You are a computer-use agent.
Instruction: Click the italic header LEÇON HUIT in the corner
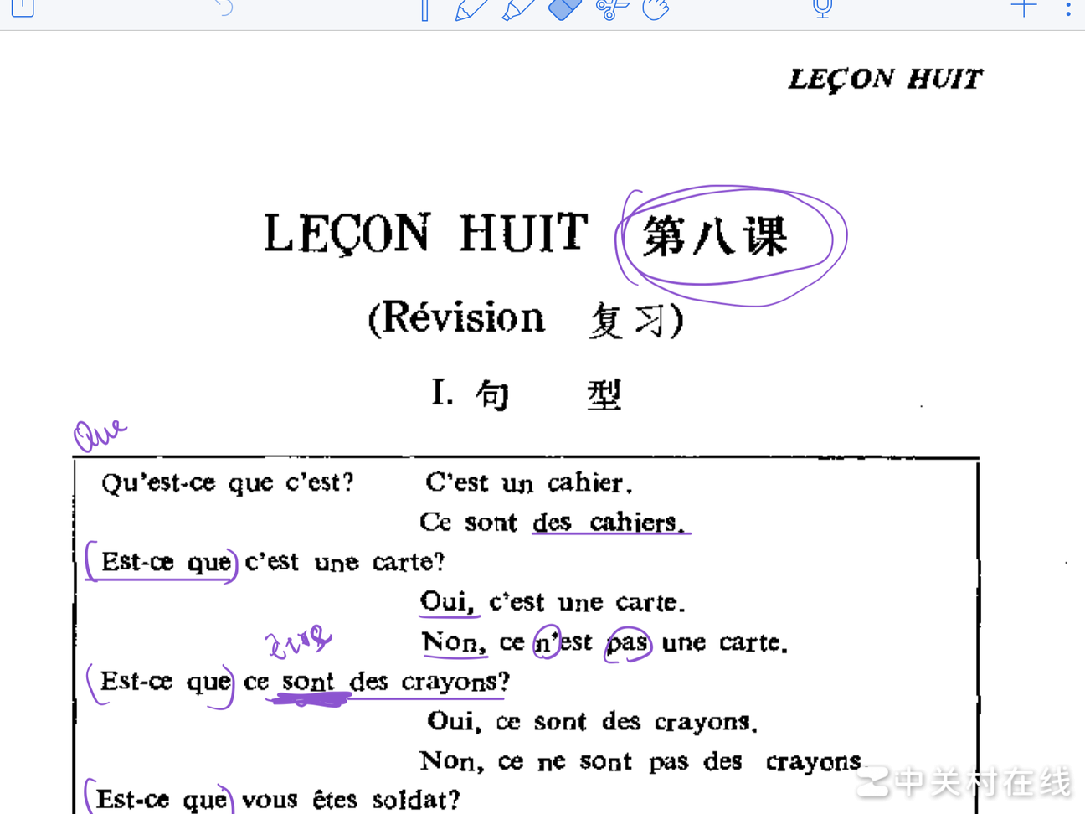(x=885, y=80)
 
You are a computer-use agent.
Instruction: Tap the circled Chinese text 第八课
(x=716, y=236)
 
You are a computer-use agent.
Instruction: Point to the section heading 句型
(x=548, y=394)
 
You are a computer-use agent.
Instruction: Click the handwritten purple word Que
(x=99, y=434)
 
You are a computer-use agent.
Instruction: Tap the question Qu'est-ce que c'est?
(x=227, y=483)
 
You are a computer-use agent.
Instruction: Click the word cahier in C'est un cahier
(x=589, y=483)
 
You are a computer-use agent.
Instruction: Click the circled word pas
(x=628, y=643)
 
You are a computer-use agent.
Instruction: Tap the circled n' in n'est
(x=547, y=642)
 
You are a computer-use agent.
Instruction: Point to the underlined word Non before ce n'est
(x=453, y=642)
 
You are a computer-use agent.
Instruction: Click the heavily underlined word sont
(x=307, y=683)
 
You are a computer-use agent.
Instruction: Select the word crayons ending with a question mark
(x=454, y=683)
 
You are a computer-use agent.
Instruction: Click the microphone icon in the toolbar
(x=822, y=8)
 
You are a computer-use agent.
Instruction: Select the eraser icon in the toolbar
(x=564, y=9)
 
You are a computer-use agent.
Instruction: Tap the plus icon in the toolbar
(x=1023, y=8)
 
